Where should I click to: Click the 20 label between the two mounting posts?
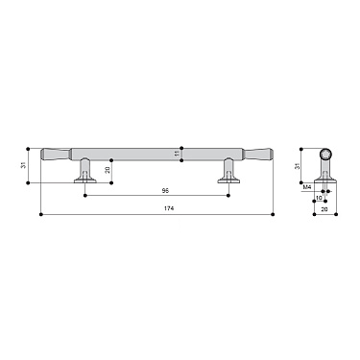[x=108, y=170]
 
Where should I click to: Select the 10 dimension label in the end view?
[x=320, y=199]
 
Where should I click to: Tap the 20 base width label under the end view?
[x=324, y=208]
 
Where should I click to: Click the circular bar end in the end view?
[x=324, y=154]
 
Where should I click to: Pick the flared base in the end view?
[x=324, y=180]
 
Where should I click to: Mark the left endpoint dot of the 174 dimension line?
[x=41, y=213]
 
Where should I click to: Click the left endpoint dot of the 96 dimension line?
[x=87, y=195]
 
